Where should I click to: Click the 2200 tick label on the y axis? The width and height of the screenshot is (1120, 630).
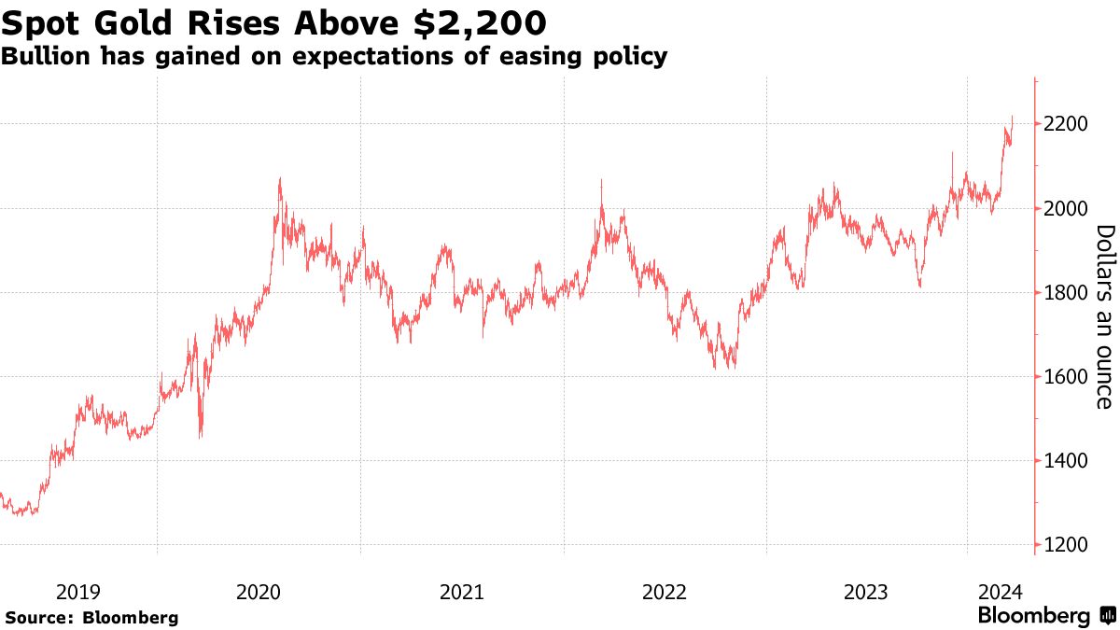(1064, 124)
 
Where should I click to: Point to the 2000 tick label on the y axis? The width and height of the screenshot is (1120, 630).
(1064, 208)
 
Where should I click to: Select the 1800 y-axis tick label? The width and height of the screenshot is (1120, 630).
(1064, 293)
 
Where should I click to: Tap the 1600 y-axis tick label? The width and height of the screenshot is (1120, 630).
(1064, 377)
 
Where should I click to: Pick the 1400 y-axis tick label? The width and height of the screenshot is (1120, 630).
(1064, 461)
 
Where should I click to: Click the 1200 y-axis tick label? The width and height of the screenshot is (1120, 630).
(1064, 545)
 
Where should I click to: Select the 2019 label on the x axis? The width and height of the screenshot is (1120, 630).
(78, 591)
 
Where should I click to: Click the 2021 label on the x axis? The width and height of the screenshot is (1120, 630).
(461, 591)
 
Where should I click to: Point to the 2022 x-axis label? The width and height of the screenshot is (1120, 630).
(664, 591)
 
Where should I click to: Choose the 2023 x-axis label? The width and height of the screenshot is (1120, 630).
(865, 591)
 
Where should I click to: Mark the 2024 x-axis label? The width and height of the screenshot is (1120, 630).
(1001, 591)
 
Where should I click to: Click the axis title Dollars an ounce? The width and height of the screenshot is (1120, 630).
(1103, 316)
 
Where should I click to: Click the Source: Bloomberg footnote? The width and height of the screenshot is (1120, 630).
(91, 617)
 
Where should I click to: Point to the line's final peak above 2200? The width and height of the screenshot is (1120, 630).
(1013, 117)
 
